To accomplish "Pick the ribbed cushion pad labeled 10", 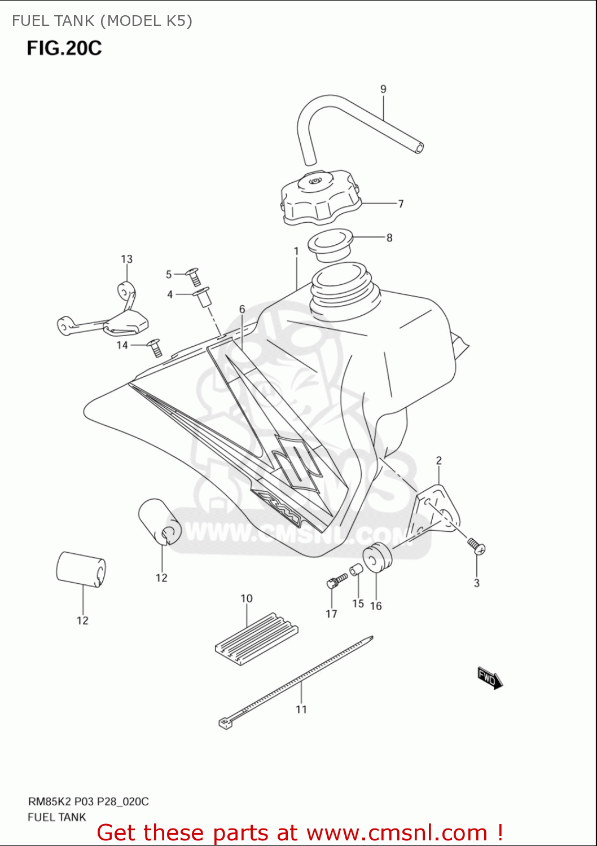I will click(257, 638).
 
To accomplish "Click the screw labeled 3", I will click(476, 545).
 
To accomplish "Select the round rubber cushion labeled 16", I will click(377, 558).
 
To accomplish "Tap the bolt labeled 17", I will click(336, 581).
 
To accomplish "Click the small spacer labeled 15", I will click(355, 571).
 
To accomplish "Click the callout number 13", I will click(126, 259).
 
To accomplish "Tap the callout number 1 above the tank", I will click(296, 251).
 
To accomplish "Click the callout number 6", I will click(242, 309).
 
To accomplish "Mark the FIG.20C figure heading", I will click(64, 48).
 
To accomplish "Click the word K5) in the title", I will click(179, 21).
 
